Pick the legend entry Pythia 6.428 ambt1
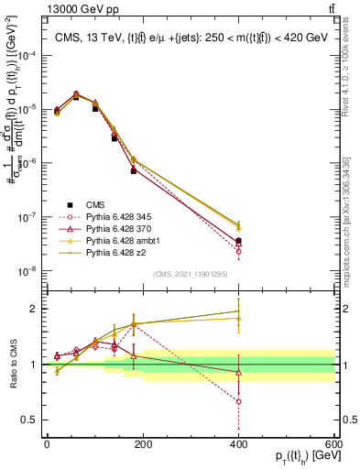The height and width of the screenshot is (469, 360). click(x=115, y=239)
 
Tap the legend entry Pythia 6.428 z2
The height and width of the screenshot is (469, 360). click(x=109, y=251)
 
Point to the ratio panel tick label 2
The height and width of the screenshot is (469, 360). click(x=33, y=309)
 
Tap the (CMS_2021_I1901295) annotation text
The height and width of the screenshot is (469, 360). click(x=190, y=275)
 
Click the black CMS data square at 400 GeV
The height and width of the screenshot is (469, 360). click(x=238, y=241)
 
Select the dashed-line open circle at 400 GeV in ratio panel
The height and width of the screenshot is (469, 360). click(x=238, y=401)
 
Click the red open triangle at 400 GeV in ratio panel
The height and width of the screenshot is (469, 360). click(x=238, y=372)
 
